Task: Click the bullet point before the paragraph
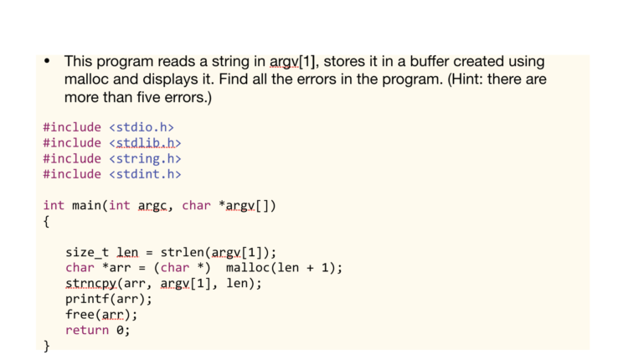coord(47,61)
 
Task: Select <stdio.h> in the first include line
coord(142,127)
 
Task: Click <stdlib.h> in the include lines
coord(145,143)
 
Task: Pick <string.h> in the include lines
coord(145,158)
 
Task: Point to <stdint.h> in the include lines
coord(145,174)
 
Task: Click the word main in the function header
coord(86,205)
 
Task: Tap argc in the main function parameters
coord(152,206)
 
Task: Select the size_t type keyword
coord(87,253)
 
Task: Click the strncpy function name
coord(91,284)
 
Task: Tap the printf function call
coord(87,299)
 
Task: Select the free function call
coord(80,315)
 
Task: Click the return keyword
coord(87,330)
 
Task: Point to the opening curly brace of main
coord(46,222)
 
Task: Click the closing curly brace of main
coord(46,346)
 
